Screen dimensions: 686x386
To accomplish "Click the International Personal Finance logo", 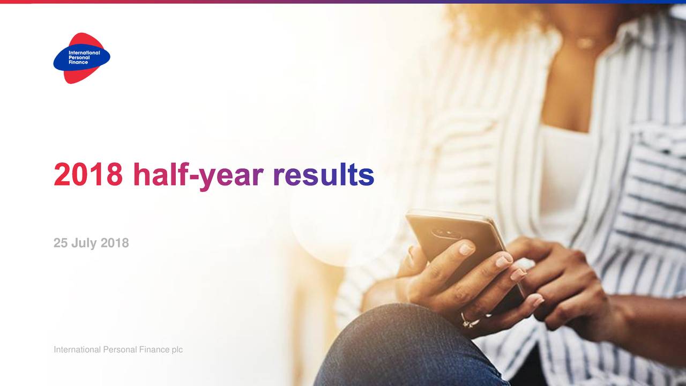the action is pyautogui.click(x=82, y=58).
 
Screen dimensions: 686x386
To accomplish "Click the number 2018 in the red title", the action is pyautogui.click(x=88, y=175).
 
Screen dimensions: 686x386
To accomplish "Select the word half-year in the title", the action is pyautogui.click(x=198, y=176).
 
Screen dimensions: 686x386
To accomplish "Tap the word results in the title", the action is pyautogui.click(x=324, y=175).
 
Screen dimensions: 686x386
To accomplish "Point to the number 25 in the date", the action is pyautogui.click(x=61, y=243).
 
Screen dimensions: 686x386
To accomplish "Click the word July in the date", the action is pyautogui.click(x=84, y=243).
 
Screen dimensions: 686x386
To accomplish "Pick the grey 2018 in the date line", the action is pyautogui.click(x=115, y=243).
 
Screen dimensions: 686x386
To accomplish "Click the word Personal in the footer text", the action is pyautogui.click(x=120, y=350).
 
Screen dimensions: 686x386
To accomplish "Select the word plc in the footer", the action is pyautogui.click(x=177, y=350).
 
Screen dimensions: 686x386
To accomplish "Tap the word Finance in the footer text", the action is pyautogui.click(x=154, y=350).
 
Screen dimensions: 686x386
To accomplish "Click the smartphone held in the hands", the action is pyautogui.click(x=463, y=251).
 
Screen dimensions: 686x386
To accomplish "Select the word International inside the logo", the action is pyautogui.click(x=84, y=53).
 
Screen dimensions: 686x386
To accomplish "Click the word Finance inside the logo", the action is pyautogui.click(x=78, y=62).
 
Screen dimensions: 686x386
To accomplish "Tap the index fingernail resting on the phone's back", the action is pyautogui.click(x=467, y=249).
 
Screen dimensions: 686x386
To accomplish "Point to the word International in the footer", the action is pyautogui.click(x=77, y=350).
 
